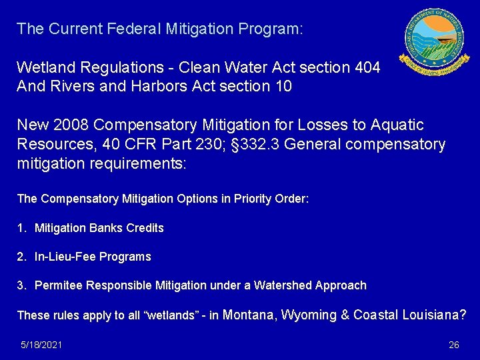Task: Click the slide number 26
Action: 454,345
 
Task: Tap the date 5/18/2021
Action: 41,345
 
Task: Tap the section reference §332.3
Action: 253,144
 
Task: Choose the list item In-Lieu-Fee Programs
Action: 93,257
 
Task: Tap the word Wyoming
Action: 309,315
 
